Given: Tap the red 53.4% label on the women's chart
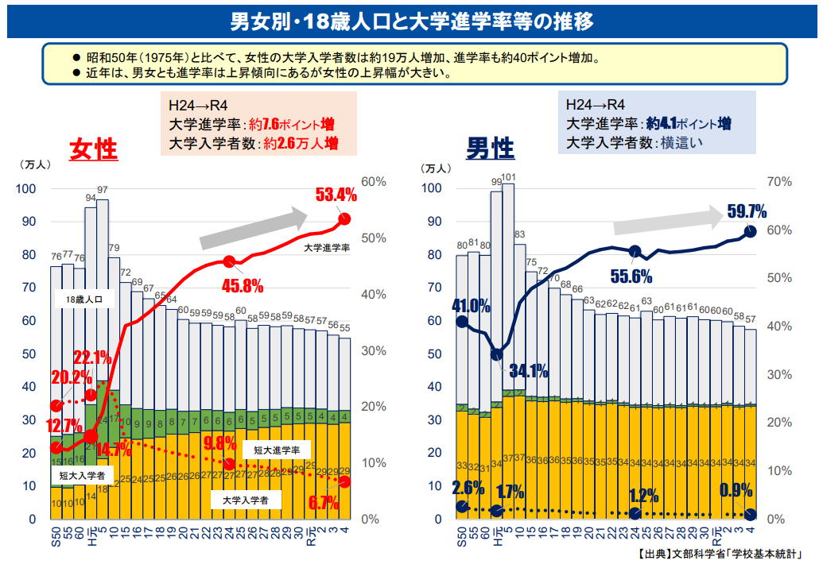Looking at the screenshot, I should click(336, 195).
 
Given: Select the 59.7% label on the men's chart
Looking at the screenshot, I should click(746, 211).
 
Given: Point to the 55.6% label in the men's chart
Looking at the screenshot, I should click(631, 276).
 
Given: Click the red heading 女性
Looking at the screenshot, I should click(94, 149).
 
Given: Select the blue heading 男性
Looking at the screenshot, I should click(490, 148).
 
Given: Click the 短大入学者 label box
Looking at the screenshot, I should click(83, 475).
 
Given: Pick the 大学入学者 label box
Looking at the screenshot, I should click(245, 500).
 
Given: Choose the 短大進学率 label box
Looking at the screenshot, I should click(276, 450).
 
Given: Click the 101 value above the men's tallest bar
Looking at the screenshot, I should click(509, 177).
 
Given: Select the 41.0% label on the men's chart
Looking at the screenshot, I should click(472, 306).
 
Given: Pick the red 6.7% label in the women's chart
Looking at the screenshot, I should click(324, 502).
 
